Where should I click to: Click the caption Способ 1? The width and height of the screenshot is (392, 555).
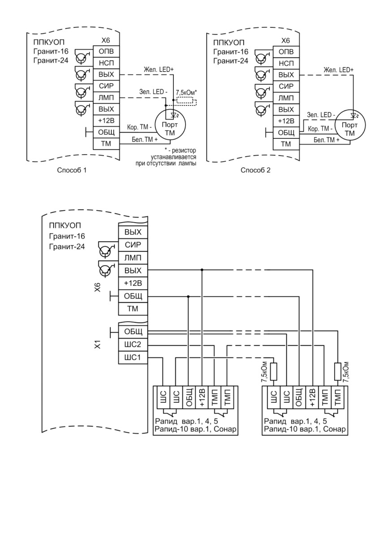(72, 170)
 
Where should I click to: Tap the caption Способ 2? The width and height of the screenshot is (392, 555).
(255, 170)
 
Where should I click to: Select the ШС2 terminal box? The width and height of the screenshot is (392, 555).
(133, 344)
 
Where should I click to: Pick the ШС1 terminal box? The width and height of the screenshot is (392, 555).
(133, 357)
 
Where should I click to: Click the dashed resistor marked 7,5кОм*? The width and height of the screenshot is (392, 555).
(186, 102)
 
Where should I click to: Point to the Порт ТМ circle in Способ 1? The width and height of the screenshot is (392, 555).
(170, 125)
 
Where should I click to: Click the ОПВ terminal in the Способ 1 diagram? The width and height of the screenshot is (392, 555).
(106, 52)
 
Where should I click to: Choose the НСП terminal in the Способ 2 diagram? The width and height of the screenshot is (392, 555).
(286, 64)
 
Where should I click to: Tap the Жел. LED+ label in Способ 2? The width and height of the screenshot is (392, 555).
(339, 70)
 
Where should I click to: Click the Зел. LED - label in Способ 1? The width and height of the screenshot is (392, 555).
(153, 92)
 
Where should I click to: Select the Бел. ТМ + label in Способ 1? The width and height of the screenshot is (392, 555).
(145, 140)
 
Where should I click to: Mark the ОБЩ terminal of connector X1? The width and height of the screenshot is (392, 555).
(133, 332)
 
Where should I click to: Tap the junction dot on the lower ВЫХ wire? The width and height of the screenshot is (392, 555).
(202, 270)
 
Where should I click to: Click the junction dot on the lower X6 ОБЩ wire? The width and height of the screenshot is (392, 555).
(188, 297)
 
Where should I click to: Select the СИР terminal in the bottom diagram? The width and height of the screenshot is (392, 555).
(133, 245)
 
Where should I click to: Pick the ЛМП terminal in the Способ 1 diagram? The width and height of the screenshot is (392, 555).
(106, 98)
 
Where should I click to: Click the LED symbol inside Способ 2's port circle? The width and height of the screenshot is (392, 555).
(354, 116)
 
